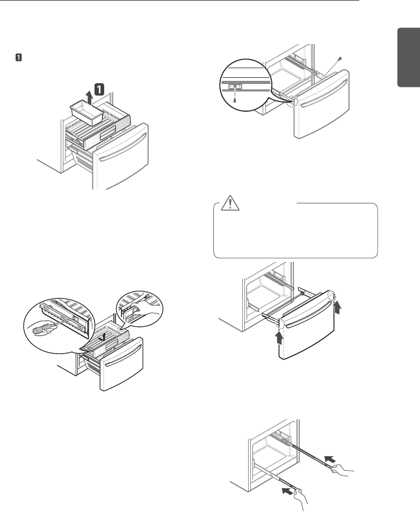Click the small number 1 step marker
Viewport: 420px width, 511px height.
coord(19,57)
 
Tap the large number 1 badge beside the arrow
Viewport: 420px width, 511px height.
coord(99,89)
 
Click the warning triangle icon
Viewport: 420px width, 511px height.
coord(230,203)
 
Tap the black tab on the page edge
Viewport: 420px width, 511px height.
coord(409,57)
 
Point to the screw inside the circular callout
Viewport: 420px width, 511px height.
coord(235,100)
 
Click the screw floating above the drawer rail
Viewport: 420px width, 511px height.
coord(339,59)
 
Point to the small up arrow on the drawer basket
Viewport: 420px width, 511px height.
coord(103,337)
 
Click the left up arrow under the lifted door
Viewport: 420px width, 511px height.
coord(279,338)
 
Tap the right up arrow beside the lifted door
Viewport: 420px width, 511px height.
coord(337,307)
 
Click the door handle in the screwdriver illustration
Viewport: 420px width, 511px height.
coord(122,356)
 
